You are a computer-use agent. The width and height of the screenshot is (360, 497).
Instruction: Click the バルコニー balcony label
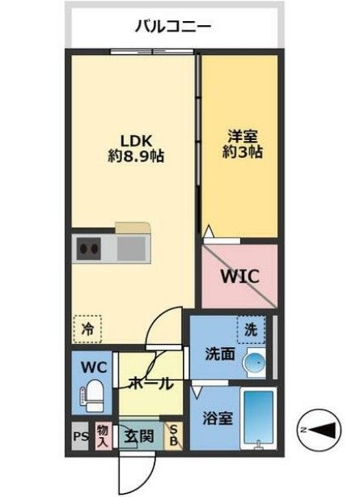172,27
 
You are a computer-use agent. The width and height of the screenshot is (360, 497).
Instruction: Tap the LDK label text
136,138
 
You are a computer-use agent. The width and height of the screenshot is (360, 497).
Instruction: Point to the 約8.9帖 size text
136,156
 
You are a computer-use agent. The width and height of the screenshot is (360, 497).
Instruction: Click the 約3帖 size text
239,151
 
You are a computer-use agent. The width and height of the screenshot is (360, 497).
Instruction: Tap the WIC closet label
240,276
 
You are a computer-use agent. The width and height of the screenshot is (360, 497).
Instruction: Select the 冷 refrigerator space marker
87,328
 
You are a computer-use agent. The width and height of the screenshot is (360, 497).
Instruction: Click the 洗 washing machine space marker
252,329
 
